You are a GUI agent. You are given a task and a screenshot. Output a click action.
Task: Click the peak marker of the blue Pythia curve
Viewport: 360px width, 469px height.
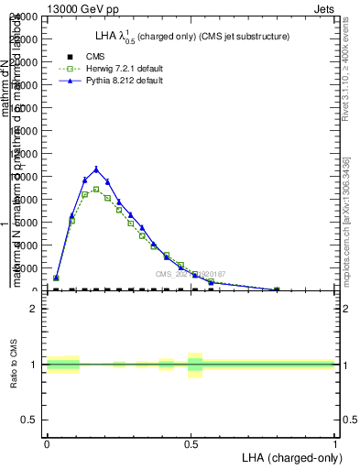tap(96, 169)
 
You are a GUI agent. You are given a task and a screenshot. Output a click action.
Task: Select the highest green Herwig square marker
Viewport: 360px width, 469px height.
tap(96, 190)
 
